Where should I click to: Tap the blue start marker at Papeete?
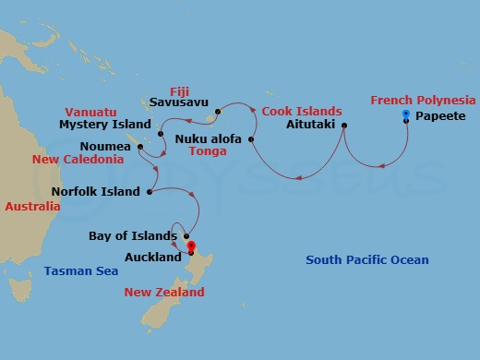(407, 114)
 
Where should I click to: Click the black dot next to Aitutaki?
(343, 126)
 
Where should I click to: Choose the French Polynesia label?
(423, 100)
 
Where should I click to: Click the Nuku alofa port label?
(210, 139)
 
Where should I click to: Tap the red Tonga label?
(208, 152)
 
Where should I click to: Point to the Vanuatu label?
(89, 107)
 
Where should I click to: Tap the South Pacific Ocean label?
(367, 260)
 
